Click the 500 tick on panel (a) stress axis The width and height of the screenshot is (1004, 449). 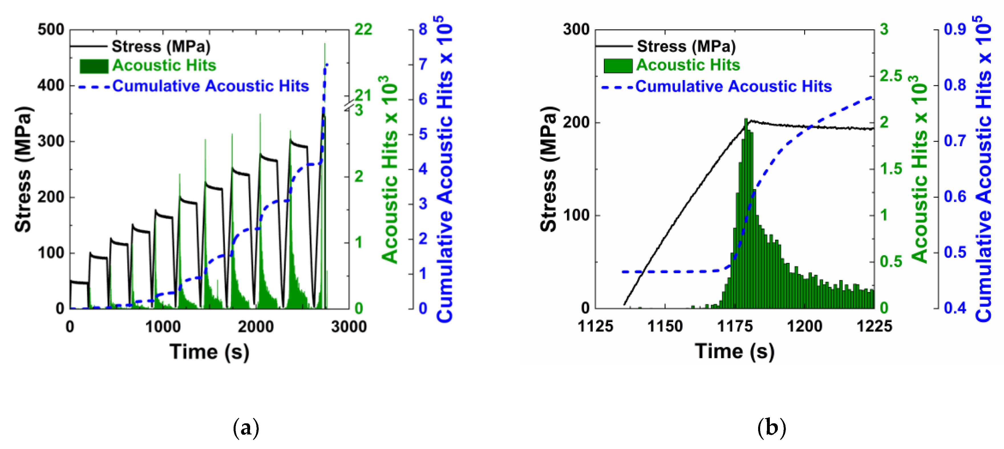[x=51, y=30]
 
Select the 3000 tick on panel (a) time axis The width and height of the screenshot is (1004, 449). [x=349, y=326]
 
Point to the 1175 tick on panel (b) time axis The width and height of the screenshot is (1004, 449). [x=735, y=326]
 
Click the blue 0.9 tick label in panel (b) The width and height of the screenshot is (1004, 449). [x=955, y=29]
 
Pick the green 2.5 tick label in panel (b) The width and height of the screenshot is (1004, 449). [x=890, y=76]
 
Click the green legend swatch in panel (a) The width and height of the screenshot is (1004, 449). [x=94, y=66]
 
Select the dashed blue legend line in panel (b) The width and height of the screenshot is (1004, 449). [x=617, y=87]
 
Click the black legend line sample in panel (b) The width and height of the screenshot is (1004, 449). [x=614, y=46]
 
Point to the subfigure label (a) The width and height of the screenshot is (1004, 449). [x=246, y=428]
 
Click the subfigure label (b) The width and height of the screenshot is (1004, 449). [x=771, y=428]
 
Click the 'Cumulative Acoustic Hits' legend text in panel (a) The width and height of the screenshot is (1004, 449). [x=210, y=86]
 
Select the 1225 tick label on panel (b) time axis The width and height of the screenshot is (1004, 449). [x=874, y=326]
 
